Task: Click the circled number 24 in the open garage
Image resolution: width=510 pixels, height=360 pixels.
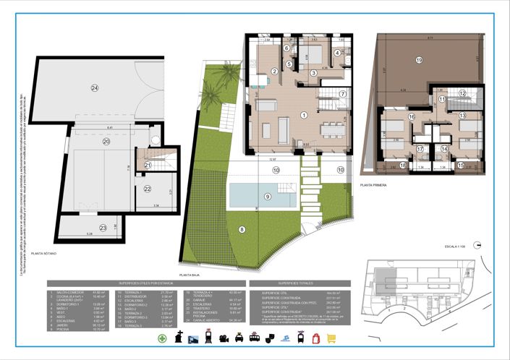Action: pos(95,88)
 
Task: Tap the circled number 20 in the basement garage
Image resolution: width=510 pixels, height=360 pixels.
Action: pos(106,142)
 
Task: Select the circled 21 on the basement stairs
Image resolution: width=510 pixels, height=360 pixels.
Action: pos(148,166)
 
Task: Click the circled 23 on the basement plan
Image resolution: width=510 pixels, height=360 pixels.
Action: pos(103,228)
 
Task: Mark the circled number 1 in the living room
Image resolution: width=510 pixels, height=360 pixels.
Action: pos(305,115)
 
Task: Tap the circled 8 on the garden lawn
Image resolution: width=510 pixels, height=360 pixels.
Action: pos(242,231)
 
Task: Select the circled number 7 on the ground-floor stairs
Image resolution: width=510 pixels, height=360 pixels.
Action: pos(344,94)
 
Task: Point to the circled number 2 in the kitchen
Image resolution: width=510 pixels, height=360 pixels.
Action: pos(275,70)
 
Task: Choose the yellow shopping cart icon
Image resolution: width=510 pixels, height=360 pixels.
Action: pos(332,338)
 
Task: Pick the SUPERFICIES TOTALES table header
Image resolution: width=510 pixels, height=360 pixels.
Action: pos(289,283)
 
